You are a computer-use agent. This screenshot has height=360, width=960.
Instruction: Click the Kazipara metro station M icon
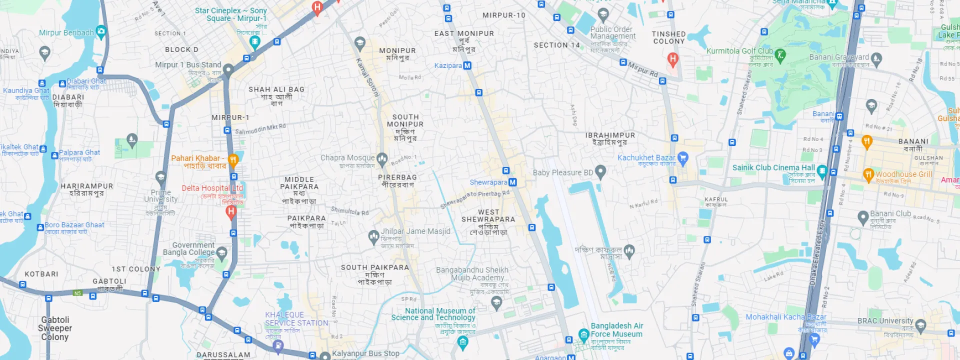click(467, 65)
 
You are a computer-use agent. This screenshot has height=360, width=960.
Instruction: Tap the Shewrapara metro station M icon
click(512, 182)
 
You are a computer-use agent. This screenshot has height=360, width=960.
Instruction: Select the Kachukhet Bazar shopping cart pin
click(683, 158)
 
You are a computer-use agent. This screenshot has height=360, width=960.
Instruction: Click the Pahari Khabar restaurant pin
click(233, 160)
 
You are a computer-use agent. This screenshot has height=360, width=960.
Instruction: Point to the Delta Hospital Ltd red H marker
click(230, 212)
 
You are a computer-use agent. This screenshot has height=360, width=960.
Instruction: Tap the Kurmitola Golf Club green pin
click(780, 54)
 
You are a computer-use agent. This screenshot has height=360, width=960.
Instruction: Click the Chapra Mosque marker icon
click(382, 159)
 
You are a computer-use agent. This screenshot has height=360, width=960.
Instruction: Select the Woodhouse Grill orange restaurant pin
click(868, 174)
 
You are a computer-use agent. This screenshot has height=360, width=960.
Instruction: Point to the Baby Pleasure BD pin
click(600, 172)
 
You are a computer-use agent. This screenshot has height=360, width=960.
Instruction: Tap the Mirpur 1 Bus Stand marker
click(228, 69)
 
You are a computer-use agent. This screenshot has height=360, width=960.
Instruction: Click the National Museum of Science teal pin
click(462, 342)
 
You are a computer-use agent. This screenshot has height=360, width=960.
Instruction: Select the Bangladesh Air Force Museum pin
click(583, 334)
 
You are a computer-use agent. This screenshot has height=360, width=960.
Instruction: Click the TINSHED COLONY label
click(668, 37)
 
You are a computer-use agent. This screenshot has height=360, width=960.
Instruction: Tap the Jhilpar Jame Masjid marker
click(373, 236)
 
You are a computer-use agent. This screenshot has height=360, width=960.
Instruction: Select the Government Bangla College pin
click(221, 252)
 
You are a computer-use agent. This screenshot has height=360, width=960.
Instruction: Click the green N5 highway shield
click(77, 293)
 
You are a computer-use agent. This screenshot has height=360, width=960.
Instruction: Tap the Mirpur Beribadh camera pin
click(101, 32)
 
